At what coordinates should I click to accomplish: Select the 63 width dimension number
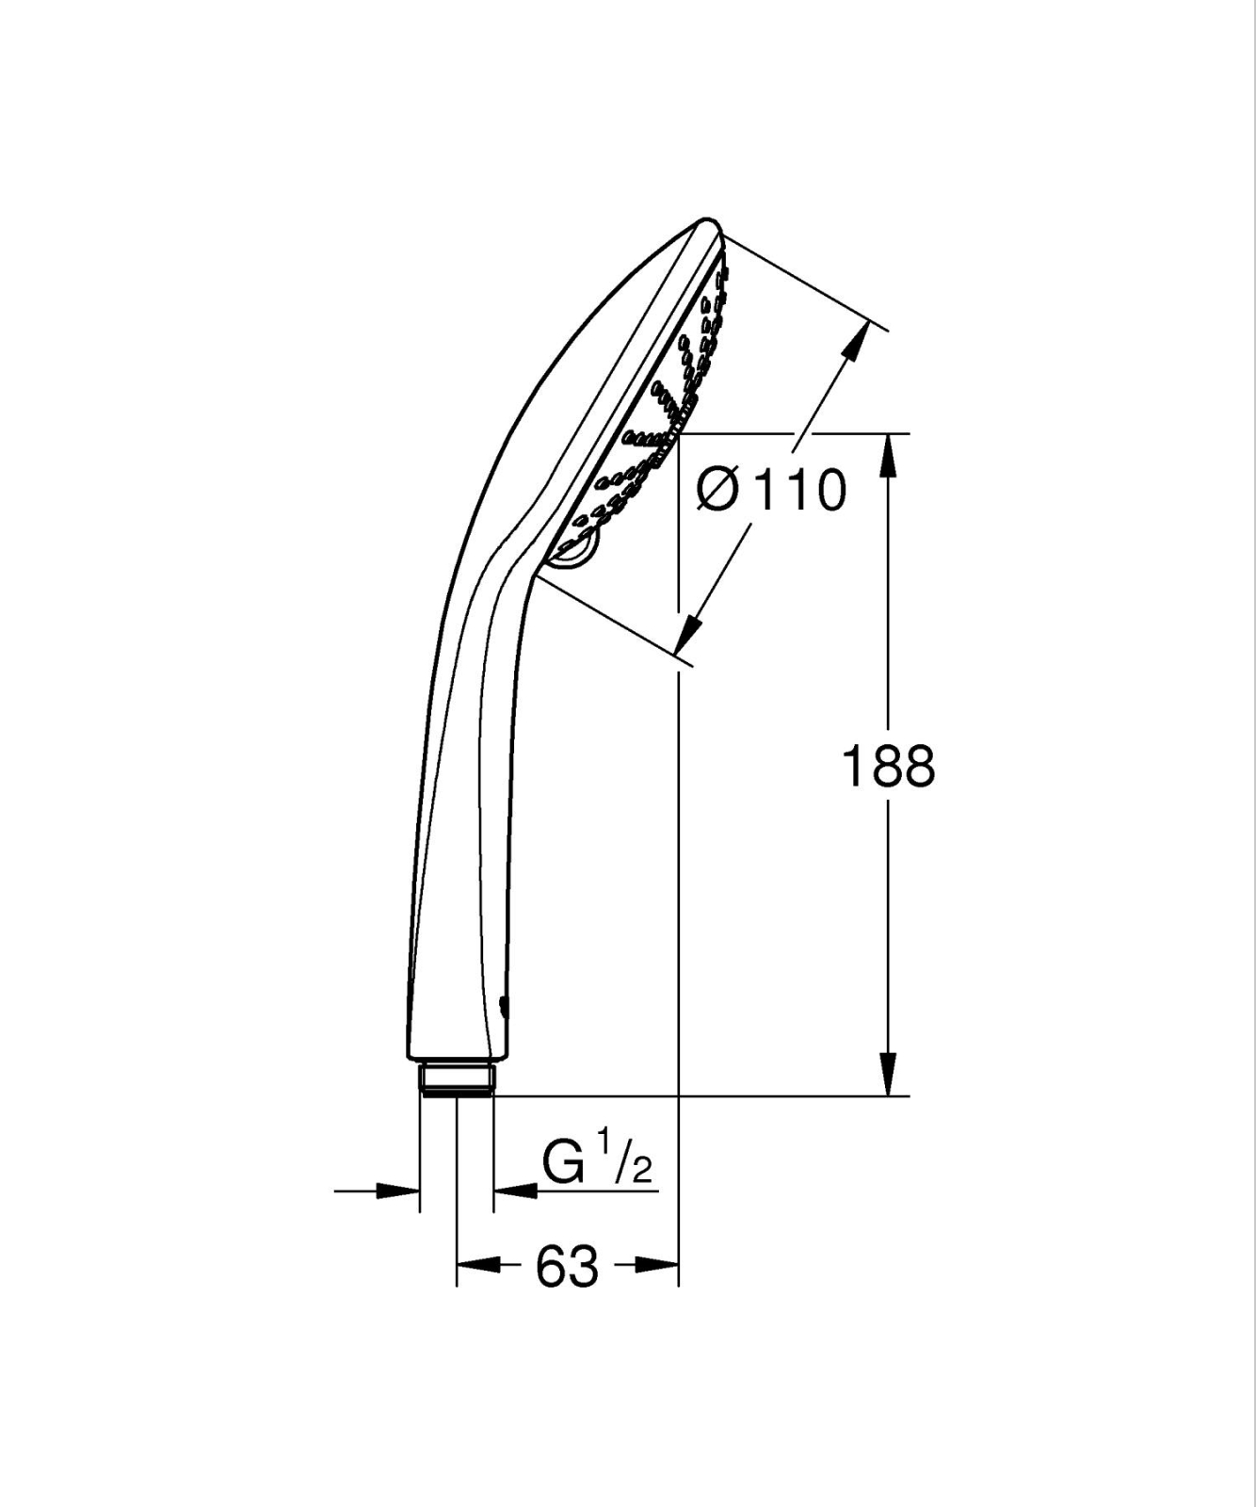pos(567,1266)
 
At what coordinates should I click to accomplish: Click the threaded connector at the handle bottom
pos(456,1079)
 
